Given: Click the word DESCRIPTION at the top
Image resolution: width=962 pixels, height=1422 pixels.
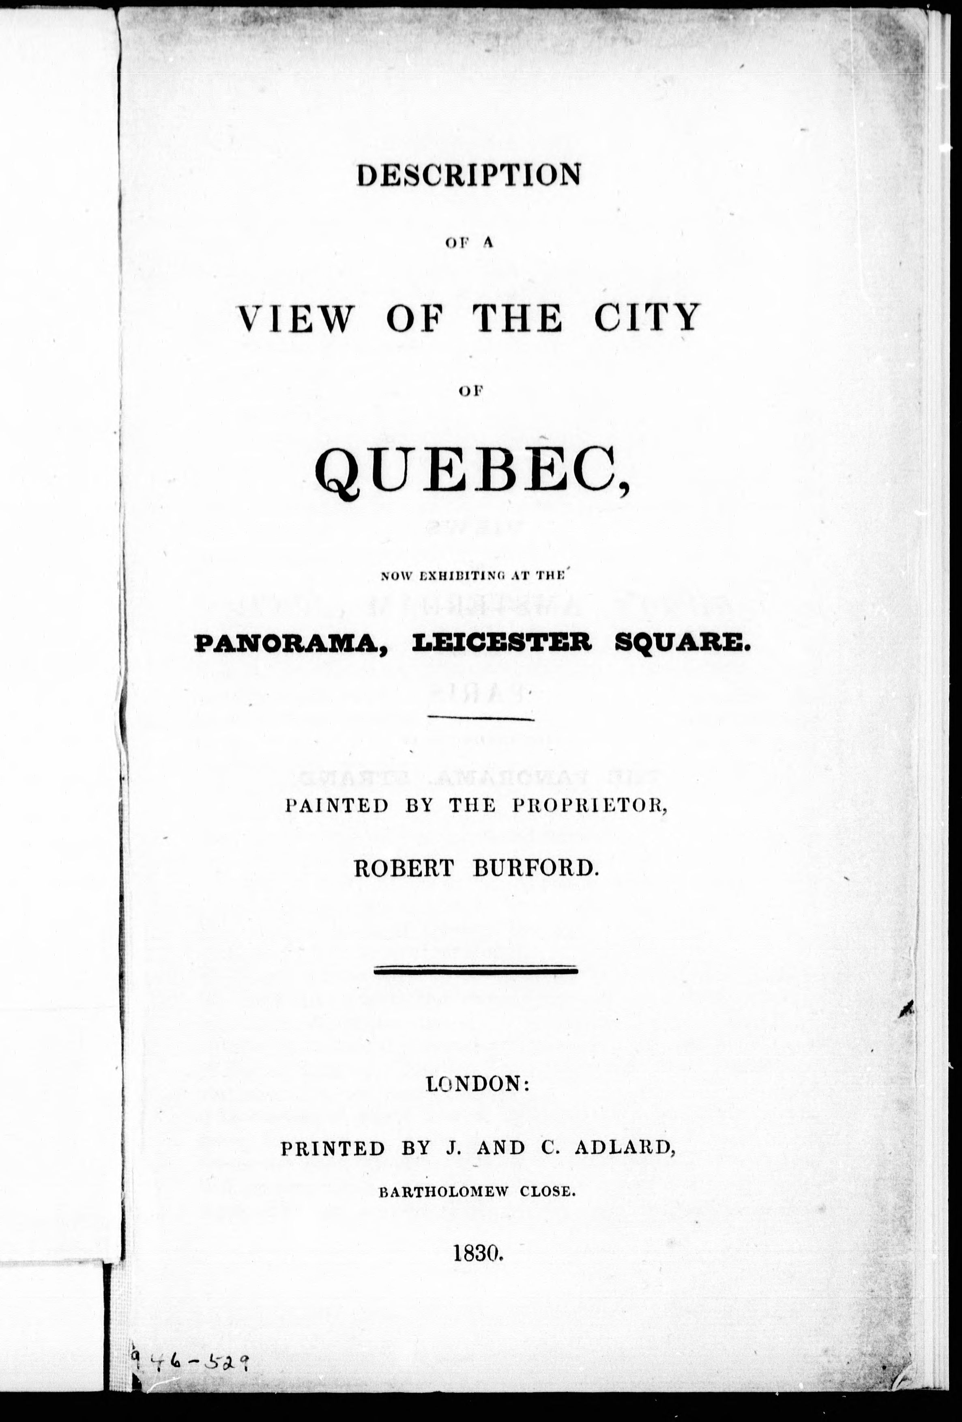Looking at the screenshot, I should click(x=468, y=176).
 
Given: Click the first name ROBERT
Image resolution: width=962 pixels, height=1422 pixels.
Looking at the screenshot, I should click(x=403, y=869).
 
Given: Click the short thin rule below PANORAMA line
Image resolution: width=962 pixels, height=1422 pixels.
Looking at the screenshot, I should click(x=481, y=718).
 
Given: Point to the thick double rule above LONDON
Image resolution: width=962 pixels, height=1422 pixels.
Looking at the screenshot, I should click(x=475, y=969).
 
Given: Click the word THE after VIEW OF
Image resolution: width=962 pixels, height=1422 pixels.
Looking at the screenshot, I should click(x=517, y=318).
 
